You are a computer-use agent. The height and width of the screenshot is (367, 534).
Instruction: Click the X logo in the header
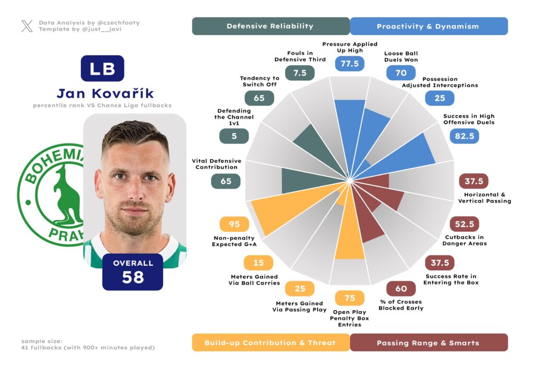(x=27, y=26)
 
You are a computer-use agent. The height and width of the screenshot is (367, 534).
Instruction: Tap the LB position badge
(x=102, y=68)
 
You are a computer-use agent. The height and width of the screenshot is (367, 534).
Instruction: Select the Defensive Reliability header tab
(x=270, y=26)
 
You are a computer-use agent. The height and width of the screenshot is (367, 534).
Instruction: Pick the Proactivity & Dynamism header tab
(x=428, y=26)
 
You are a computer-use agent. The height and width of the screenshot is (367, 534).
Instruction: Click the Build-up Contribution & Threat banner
(x=270, y=342)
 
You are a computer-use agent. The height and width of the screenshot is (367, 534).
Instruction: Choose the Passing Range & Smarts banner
(x=428, y=342)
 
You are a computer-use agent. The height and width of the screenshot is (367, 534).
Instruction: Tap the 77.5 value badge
(x=349, y=64)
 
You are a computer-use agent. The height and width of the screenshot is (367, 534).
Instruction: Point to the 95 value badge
(x=235, y=224)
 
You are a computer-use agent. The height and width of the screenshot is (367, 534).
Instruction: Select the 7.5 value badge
(x=300, y=73)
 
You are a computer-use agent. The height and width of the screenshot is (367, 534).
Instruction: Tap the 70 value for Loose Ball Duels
(x=400, y=73)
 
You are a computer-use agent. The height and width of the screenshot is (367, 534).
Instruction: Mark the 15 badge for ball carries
(x=258, y=263)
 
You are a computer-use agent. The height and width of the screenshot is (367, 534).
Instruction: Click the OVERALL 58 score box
(x=133, y=271)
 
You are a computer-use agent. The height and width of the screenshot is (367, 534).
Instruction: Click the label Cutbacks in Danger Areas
(x=465, y=240)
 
